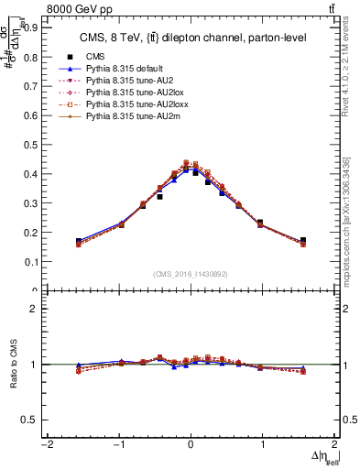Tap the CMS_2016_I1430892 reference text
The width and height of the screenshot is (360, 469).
point(191,273)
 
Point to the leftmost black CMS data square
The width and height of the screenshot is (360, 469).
point(79,241)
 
